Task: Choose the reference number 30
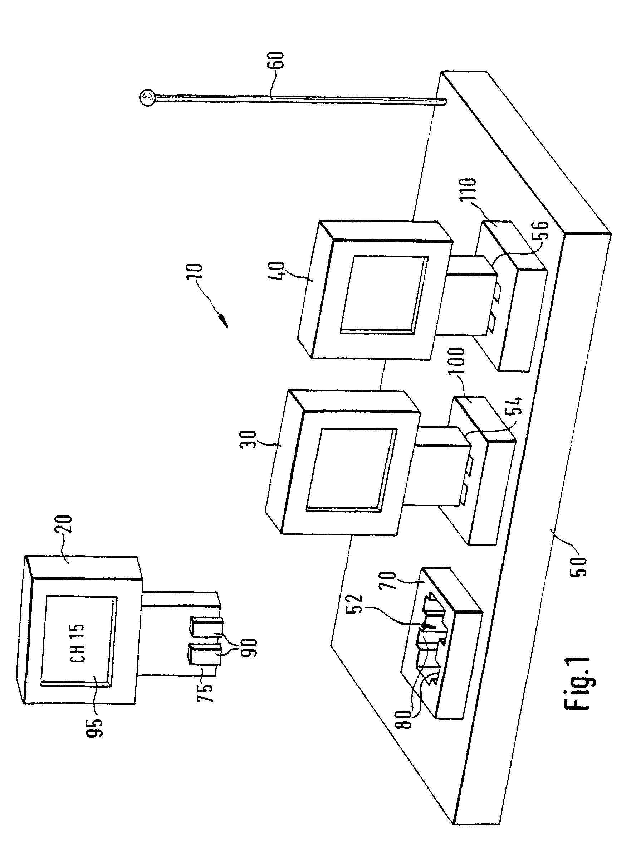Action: pyautogui.click(x=249, y=440)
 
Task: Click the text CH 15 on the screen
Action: pyautogui.click(x=78, y=642)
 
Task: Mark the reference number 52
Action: pyautogui.click(x=356, y=603)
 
